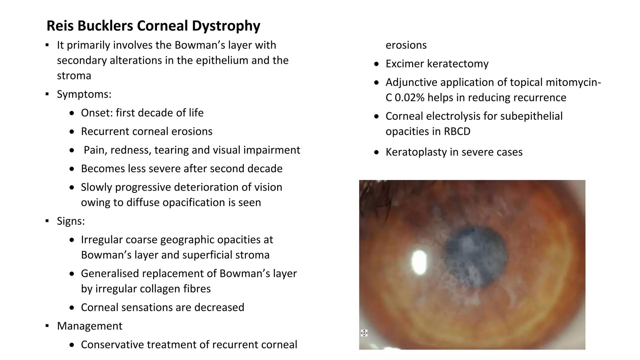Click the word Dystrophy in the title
tap(226, 26)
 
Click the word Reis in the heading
tap(60, 26)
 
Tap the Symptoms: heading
tap(84, 94)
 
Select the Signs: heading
tap(71, 221)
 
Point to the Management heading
tap(89, 326)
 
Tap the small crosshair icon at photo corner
tap(364, 333)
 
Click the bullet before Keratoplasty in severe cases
tap(377, 152)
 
